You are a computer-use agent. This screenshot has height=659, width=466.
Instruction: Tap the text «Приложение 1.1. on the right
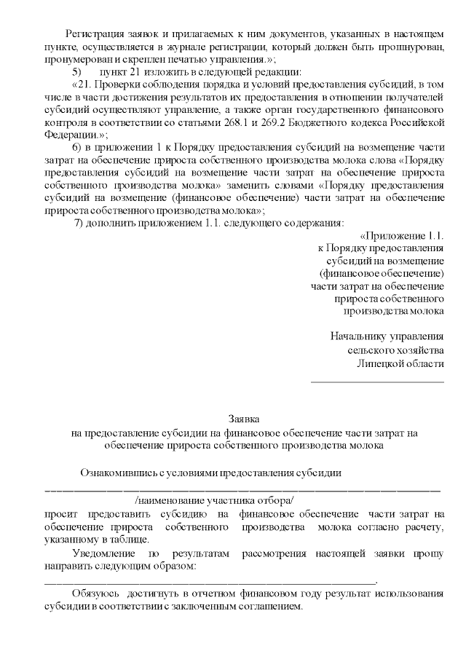pyautogui.click(x=402, y=236)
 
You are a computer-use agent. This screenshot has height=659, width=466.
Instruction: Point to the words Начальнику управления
pyautogui.click(x=387, y=337)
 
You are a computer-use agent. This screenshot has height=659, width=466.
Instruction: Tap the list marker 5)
pyautogui.click(x=76, y=71)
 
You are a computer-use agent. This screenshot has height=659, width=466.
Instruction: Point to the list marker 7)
pyautogui.click(x=82, y=222)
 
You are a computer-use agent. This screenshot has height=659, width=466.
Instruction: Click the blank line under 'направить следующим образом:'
pyautogui.click(x=211, y=580)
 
